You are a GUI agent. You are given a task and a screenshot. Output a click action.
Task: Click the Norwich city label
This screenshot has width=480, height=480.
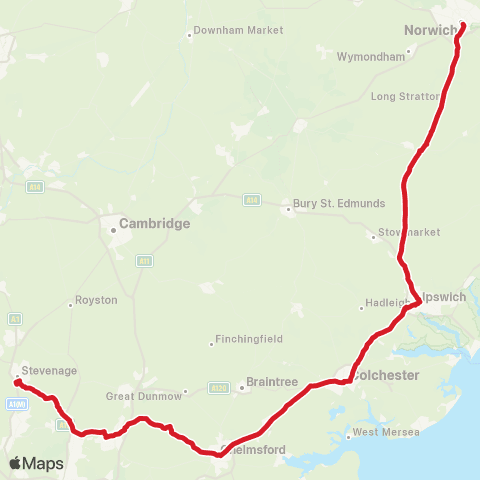coord(430,30)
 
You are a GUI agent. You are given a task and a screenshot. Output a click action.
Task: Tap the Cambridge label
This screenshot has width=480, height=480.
coord(154,225)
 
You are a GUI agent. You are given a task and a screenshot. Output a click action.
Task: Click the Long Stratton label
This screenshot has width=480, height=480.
coord(404,97)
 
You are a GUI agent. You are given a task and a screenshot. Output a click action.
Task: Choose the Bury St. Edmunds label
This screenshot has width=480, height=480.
coord(339,203)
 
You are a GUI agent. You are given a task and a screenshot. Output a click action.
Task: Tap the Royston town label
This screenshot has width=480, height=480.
coord(97,300)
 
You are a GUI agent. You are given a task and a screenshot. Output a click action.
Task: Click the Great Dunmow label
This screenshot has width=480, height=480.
coord(144,396)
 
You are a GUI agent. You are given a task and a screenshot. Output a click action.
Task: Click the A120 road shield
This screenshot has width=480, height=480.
coord(219,387)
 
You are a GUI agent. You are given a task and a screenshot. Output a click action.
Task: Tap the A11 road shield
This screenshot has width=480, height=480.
coord(145,260)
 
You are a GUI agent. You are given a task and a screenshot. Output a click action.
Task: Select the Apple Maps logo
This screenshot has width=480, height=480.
coord(37,464)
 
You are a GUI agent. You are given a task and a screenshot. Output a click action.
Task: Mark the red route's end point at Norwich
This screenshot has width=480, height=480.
coord(463,27)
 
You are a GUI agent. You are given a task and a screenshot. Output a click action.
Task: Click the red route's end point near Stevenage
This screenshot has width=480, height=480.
coord(17,382)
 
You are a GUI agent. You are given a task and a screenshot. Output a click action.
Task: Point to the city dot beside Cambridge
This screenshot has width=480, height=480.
coord(113,228)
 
